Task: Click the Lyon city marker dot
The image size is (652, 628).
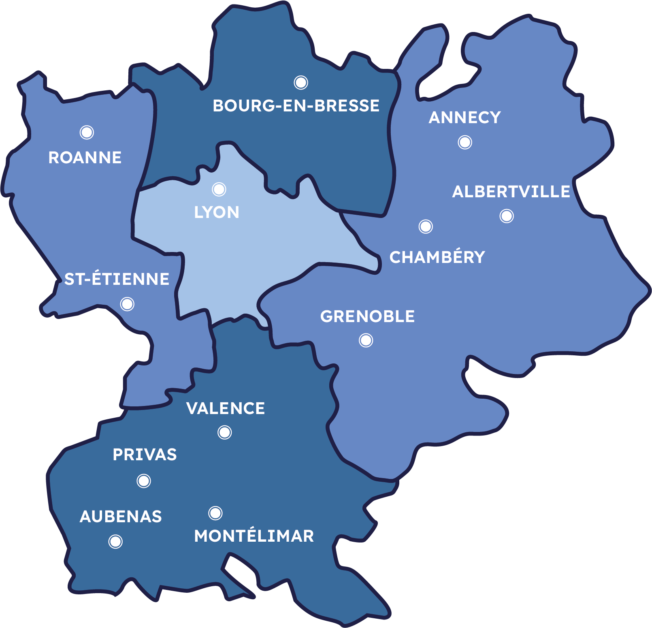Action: click(219, 189)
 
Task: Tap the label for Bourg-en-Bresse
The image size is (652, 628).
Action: click(296, 106)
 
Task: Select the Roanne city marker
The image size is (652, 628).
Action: click(87, 132)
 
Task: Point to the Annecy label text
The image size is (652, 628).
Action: click(465, 117)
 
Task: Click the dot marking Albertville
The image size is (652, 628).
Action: click(507, 216)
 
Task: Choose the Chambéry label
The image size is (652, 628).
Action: click(437, 257)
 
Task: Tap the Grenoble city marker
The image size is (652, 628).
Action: click(366, 340)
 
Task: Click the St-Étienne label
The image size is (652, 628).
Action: click(117, 279)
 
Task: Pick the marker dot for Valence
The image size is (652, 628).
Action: click(225, 432)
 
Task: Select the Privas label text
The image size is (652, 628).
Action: click(145, 455)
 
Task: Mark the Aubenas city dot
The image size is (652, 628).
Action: click(115, 542)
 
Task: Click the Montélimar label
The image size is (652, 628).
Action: click(254, 536)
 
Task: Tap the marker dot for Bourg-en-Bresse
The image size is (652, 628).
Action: click(301, 83)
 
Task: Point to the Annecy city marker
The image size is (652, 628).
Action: click(465, 142)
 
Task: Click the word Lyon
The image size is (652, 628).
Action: click(217, 212)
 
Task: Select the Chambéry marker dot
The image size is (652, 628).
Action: click(426, 226)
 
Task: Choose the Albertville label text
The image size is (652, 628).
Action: click(511, 192)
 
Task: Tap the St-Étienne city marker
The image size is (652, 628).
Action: click(127, 304)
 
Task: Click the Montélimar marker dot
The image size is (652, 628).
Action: click(215, 513)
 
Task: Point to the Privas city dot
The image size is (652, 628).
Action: click(144, 481)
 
